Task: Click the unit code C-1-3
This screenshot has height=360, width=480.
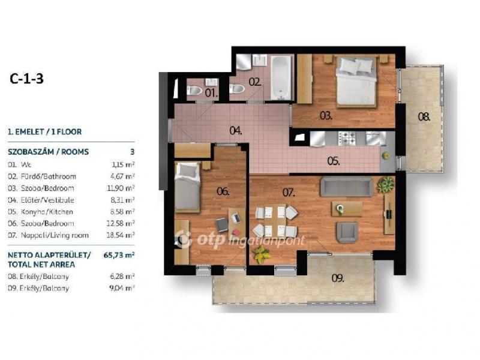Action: click(26, 79)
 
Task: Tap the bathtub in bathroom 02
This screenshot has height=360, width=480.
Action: click(281, 77)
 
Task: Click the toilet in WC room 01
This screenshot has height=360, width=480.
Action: click(194, 91)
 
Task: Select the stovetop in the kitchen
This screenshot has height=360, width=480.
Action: click(346, 138)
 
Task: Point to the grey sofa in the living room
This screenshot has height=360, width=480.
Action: click(347, 187)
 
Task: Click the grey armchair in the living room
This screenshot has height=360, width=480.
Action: click(347, 232)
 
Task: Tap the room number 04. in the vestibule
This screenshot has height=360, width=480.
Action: click(236, 131)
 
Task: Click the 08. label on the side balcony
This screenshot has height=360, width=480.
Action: click(424, 116)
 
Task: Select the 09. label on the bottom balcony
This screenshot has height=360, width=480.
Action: click(338, 278)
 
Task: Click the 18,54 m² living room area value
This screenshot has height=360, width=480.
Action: click(121, 235)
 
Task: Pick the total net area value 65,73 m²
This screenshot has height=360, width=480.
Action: click(119, 255)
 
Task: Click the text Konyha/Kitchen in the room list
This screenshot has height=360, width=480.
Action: click(47, 212)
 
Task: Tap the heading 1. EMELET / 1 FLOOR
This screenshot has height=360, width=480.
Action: click(44, 132)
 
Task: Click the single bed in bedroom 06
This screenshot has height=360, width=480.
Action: click(187, 187)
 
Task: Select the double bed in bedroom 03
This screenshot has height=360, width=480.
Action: click(356, 82)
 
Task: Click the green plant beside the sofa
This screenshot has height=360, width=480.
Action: click(385, 185)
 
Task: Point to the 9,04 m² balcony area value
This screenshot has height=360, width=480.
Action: click(122, 288)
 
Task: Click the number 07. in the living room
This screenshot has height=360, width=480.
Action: click(289, 193)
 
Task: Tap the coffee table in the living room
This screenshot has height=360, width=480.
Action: click(347, 209)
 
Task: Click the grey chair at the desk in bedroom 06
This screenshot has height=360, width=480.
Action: click(222, 225)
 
